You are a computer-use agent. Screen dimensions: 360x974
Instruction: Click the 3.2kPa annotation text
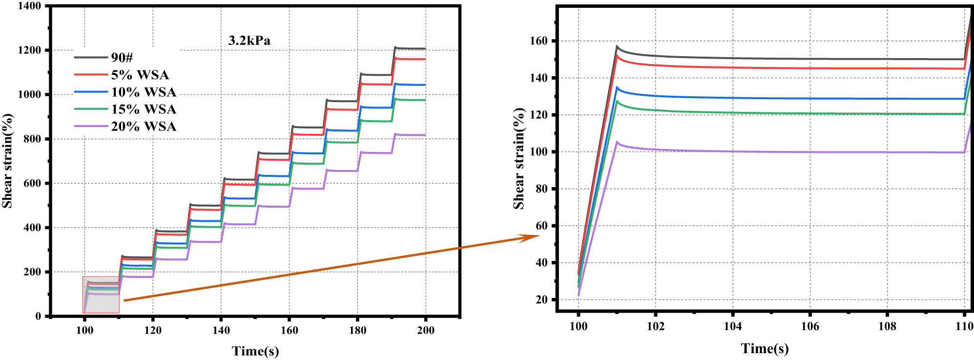(249, 41)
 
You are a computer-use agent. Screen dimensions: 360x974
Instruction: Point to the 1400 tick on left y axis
(29, 6)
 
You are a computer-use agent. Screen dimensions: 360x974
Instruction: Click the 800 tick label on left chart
(32, 139)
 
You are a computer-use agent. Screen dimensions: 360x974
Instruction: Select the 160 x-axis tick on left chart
(289, 330)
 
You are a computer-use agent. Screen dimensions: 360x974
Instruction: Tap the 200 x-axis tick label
(425, 330)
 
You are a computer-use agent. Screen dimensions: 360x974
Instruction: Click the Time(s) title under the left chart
(255, 351)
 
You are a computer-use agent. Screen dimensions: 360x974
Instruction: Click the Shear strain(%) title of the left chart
(7, 161)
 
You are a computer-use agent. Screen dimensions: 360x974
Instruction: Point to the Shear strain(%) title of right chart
(518, 159)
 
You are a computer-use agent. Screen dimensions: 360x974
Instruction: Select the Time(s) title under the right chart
(765, 348)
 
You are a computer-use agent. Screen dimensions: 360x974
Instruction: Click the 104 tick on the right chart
(732, 326)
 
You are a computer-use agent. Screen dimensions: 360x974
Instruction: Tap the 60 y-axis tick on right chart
(541, 226)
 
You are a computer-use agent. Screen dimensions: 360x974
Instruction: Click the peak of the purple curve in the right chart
(617, 142)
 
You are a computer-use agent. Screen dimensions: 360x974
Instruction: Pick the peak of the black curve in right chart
(617, 46)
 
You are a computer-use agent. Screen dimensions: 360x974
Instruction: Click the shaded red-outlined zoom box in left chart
(101, 295)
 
